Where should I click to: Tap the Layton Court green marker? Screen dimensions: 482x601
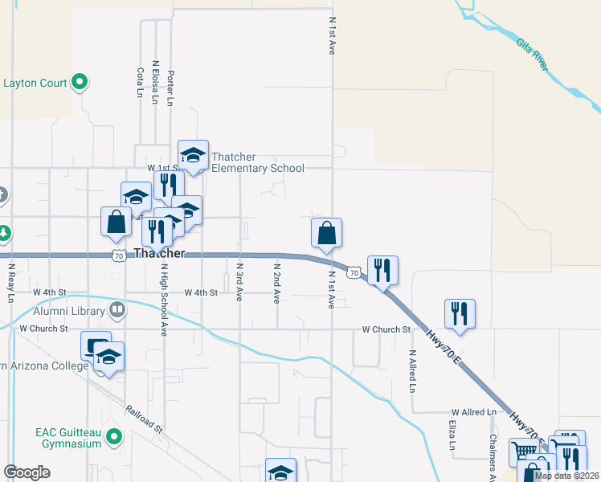(80, 81)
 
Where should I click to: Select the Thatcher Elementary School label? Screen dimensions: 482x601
(257, 162)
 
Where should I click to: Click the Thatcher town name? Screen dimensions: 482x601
(160, 254)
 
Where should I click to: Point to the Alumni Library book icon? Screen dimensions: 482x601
(117, 309)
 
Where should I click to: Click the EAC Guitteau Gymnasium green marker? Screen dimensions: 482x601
(114, 438)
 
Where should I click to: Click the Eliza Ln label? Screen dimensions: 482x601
(452, 434)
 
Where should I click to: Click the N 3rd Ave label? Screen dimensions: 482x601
(239, 281)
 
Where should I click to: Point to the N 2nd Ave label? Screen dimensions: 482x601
(276, 282)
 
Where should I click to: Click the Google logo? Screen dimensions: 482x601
(27, 472)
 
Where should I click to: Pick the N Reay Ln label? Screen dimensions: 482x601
(11, 283)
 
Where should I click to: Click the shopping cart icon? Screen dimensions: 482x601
(524, 452)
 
